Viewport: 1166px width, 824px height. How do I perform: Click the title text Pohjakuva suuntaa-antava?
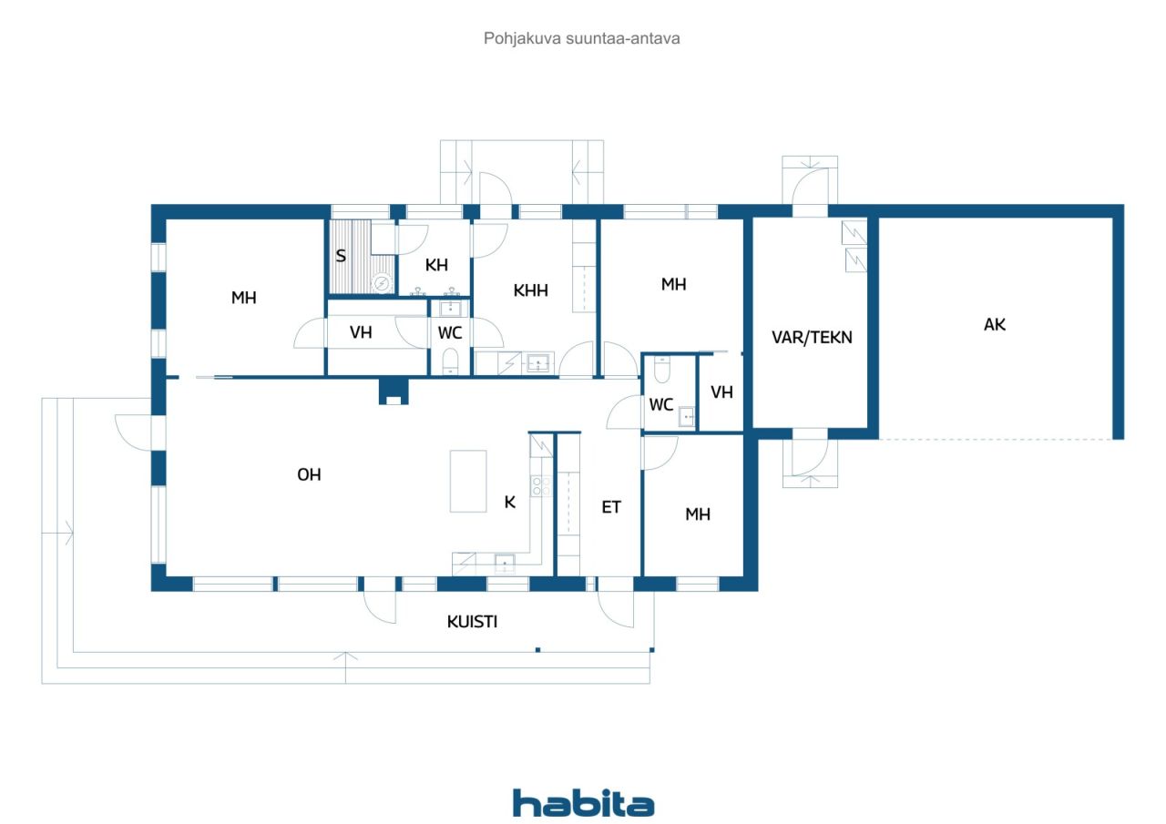coord(581,38)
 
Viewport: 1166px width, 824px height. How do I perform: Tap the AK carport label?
coord(994,325)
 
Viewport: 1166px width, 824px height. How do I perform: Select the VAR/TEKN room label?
coord(812,337)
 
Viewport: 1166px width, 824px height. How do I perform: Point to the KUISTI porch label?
coord(472,622)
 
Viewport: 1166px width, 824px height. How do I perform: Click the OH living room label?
coord(309,474)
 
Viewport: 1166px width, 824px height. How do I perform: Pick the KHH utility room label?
coord(530,290)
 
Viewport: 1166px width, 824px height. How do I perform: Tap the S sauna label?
coord(341,256)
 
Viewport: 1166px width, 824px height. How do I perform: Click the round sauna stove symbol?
coord(382,283)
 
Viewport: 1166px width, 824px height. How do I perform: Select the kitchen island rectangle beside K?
coord(468,481)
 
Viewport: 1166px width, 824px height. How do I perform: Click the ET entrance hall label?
coord(611,506)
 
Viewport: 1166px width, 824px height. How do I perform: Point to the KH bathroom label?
coord(436,265)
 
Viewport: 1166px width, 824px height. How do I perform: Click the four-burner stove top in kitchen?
coord(541,486)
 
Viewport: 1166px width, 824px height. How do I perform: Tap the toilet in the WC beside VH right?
coord(661,369)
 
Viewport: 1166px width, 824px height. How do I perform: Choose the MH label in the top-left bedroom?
coord(243,298)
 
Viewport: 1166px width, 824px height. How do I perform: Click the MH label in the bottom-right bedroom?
coord(698,514)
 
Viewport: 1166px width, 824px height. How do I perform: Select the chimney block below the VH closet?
coord(394,392)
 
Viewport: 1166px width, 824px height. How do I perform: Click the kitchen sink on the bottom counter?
coord(505,564)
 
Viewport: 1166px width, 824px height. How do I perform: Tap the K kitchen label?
coord(509,502)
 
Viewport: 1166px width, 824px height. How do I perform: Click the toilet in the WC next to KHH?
coord(450,361)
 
